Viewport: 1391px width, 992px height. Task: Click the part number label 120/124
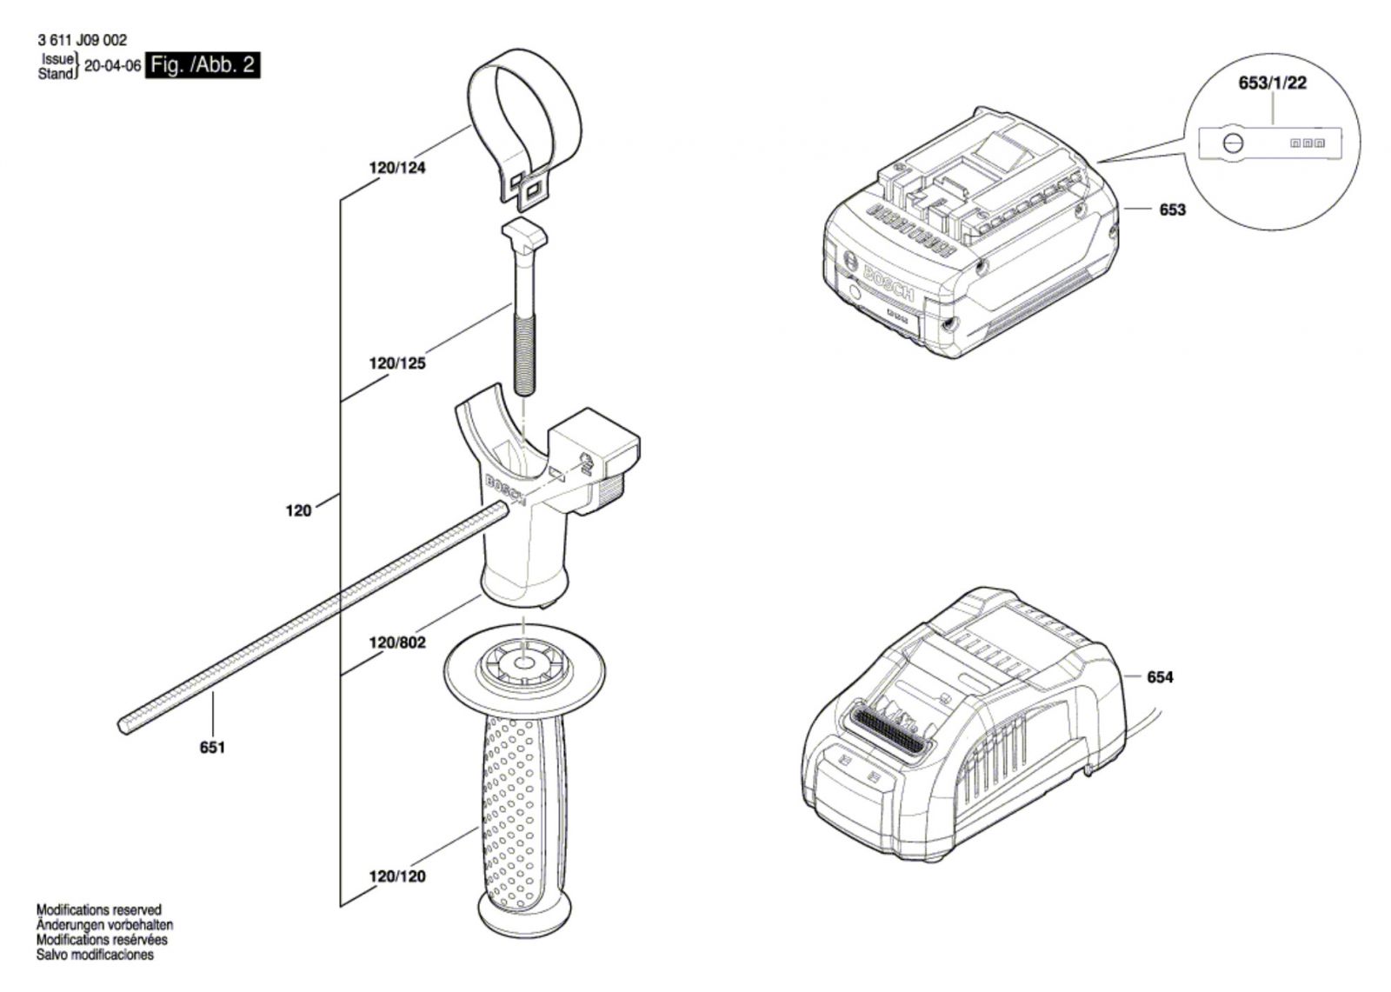pyautogui.click(x=396, y=168)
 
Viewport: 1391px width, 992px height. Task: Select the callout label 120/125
pyautogui.click(x=396, y=363)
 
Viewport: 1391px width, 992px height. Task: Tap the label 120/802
pyautogui.click(x=396, y=642)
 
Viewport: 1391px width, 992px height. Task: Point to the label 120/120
pyautogui.click(x=396, y=876)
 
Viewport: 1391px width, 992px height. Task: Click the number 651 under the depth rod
pyautogui.click(x=212, y=748)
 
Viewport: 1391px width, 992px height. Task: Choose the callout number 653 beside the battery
pyautogui.click(x=1173, y=210)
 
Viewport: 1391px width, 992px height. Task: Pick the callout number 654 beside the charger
pyautogui.click(x=1160, y=677)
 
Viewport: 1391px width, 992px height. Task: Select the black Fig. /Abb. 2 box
pyautogui.click(x=203, y=65)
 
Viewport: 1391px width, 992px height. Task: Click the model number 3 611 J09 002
pyautogui.click(x=82, y=40)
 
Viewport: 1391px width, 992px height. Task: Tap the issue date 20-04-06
pyautogui.click(x=112, y=66)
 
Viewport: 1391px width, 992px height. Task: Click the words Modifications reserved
pyautogui.click(x=99, y=910)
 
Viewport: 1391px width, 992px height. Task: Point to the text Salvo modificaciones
pyautogui.click(x=95, y=955)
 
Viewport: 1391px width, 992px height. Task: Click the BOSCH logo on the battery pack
pyautogui.click(x=889, y=283)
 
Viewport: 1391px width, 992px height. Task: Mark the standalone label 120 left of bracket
pyautogui.click(x=298, y=510)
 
